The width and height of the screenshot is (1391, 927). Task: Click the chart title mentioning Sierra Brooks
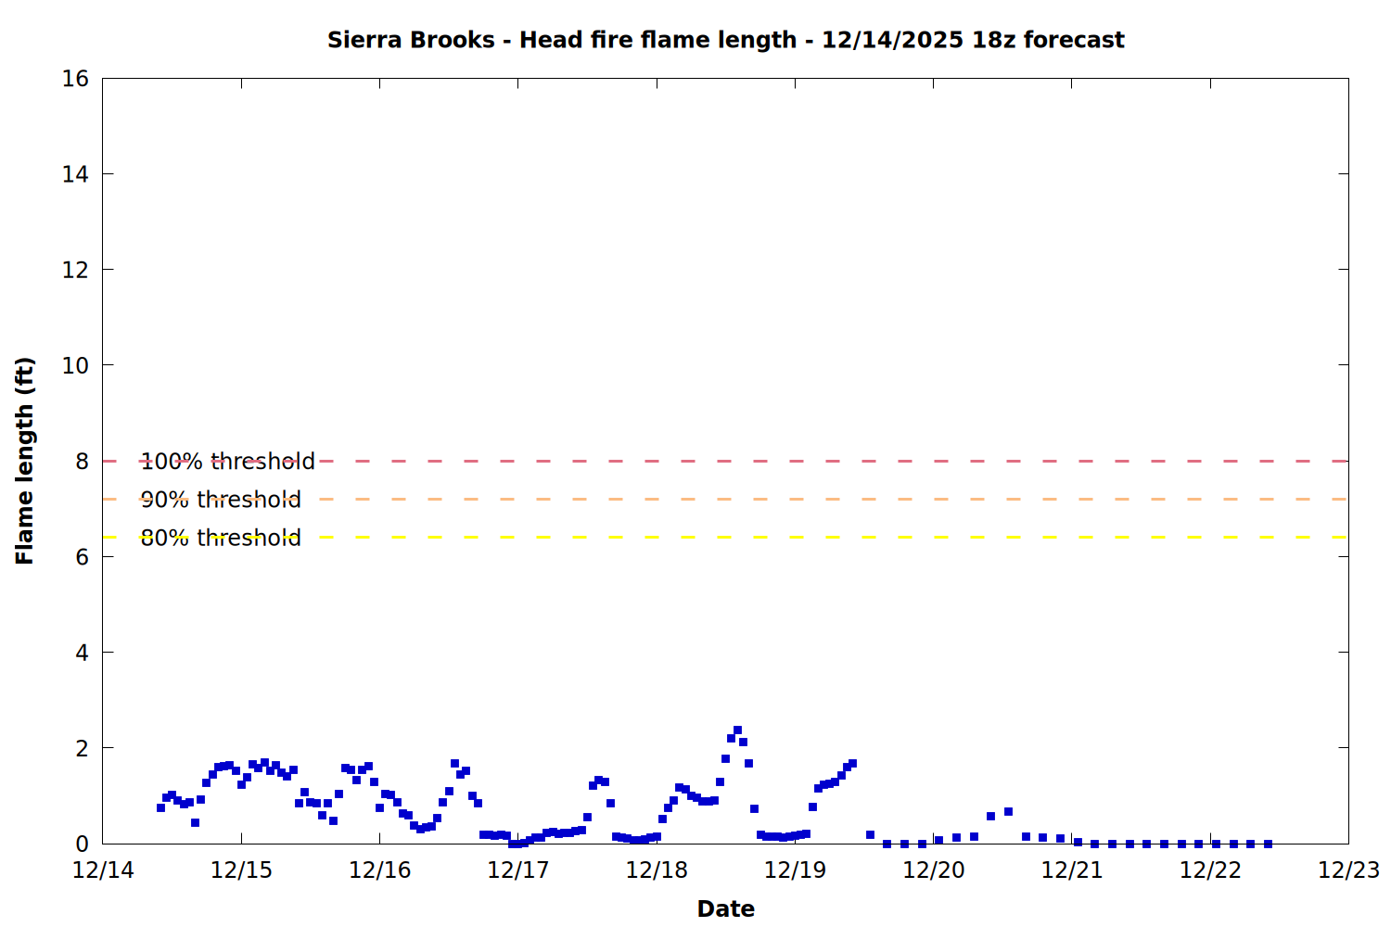coord(725,40)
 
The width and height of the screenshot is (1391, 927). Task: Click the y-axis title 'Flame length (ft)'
coord(25,461)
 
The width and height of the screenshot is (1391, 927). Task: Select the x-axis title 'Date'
coord(725,908)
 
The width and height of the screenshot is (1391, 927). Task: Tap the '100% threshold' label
coord(227,462)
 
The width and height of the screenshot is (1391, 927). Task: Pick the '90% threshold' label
coord(221,500)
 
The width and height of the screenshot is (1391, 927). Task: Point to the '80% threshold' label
coord(221,538)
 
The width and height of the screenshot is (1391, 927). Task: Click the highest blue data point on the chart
coord(737,730)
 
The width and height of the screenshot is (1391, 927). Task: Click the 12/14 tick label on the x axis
coord(103,870)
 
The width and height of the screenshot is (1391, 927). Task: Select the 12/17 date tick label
coord(517,870)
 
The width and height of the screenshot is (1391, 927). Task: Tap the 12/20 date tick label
coord(933,870)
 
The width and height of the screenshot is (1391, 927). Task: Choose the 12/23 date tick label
coord(1348,870)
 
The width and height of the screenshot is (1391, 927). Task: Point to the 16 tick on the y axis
coord(75,79)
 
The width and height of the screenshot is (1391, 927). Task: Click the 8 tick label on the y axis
coord(82,462)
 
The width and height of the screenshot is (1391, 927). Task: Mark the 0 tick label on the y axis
coord(82,844)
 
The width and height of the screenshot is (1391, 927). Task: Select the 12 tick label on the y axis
coord(75,270)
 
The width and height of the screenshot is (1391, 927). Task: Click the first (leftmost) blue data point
coord(160,807)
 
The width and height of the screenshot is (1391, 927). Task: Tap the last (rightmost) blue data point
coord(1268,844)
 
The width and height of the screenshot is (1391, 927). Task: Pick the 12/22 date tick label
coord(1210,870)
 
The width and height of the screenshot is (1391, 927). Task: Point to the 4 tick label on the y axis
coord(82,653)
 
